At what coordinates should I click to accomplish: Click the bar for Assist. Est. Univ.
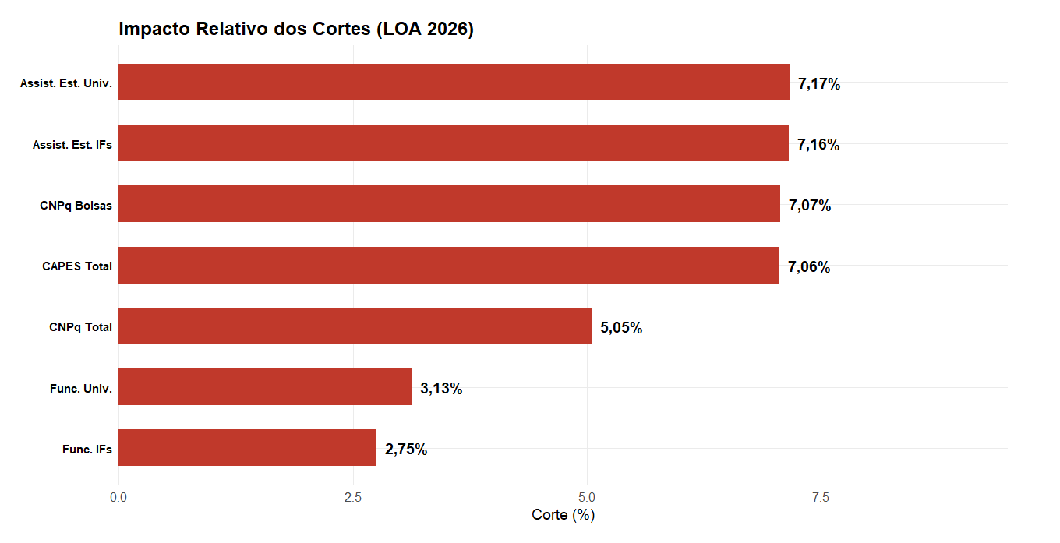click(x=454, y=83)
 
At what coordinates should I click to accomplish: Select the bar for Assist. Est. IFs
click(x=453, y=143)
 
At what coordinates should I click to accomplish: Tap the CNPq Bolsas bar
click(x=449, y=204)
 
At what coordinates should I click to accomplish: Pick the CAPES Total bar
click(x=448, y=265)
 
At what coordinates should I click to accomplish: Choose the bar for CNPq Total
click(x=355, y=326)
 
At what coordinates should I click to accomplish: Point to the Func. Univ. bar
click(x=265, y=387)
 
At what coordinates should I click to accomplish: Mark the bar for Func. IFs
click(x=247, y=448)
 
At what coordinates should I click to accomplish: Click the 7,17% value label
click(x=819, y=84)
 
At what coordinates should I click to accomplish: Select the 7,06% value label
click(x=809, y=267)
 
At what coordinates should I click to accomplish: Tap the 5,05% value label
click(x=621, y=328)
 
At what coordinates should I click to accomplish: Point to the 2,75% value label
click(x=406, y=450)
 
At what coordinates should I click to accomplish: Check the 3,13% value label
click(x=441, y=389)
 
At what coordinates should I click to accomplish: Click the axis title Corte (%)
click(x=563, y=515)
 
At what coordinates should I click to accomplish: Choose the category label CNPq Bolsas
click(x=76, y=206)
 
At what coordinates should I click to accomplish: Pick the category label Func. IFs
click(x=87, y=450)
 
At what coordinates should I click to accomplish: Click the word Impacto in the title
click(x=154, y=30)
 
